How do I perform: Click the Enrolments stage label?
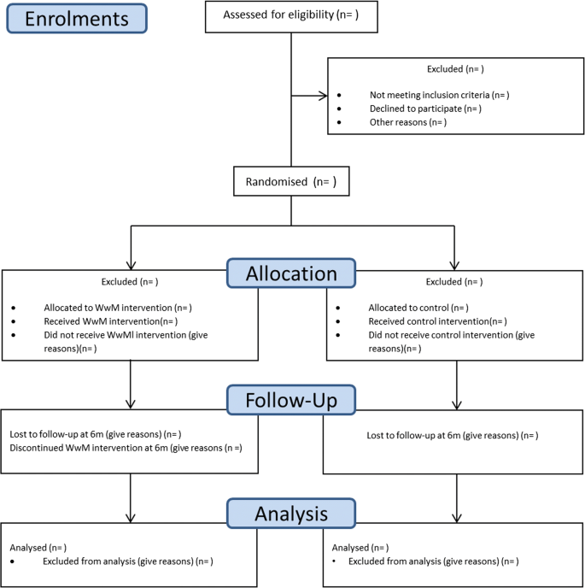(77, 18)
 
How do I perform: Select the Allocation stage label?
(290, 273)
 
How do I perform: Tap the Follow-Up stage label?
(290, 399)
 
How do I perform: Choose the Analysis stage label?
(290, 514)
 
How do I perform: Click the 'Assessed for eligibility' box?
(290, 15)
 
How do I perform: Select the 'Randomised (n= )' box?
(290, 181)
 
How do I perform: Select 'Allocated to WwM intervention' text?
(117, 307)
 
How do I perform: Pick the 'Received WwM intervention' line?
(110, 320)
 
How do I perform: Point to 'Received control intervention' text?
(436, 320)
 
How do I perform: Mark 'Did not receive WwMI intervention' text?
(125, 335)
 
